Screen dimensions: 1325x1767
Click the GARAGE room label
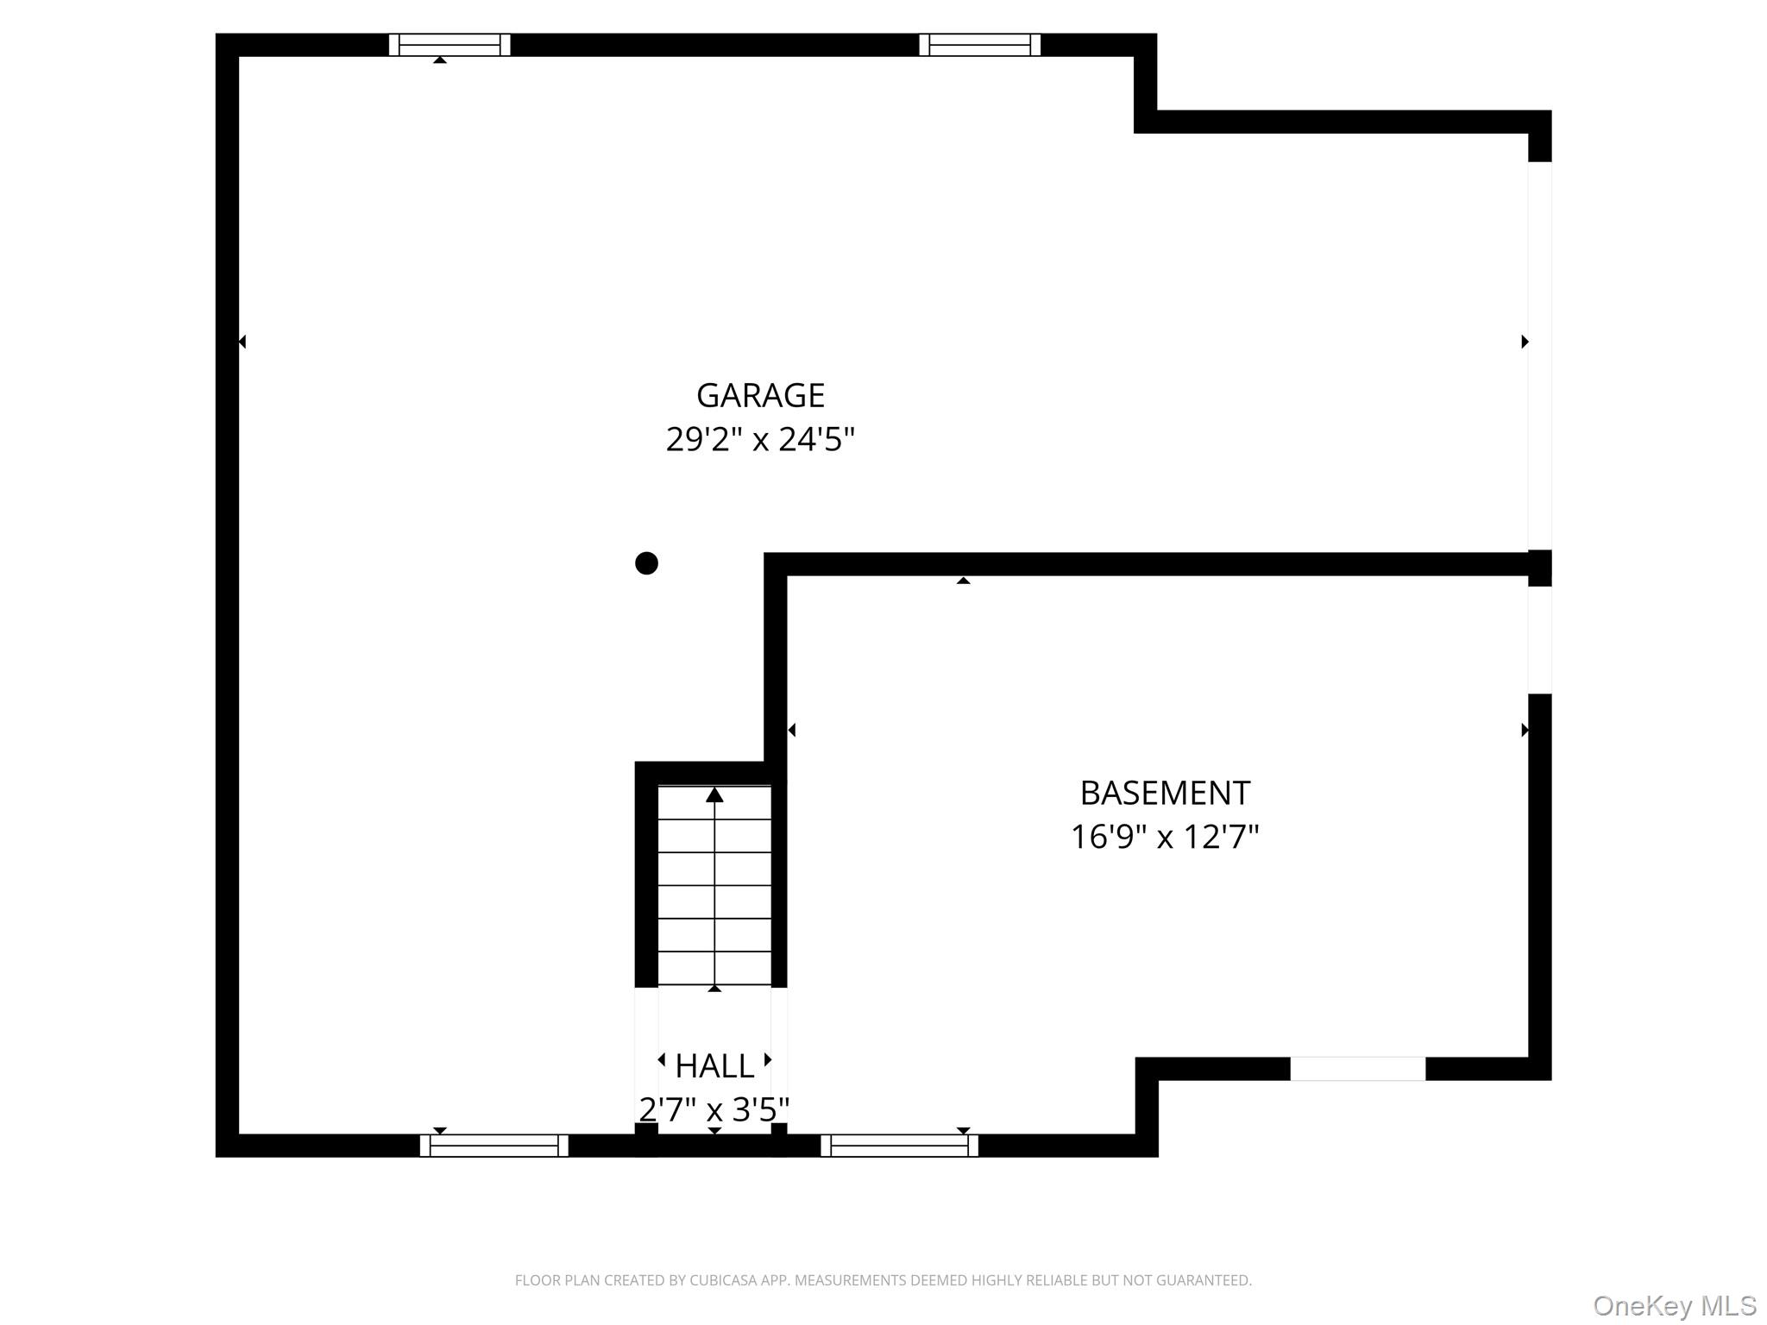[760, 396]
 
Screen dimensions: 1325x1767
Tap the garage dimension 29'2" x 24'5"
[760, 440]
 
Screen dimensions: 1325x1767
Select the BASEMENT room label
[1165, 793]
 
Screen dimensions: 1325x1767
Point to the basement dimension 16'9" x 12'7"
[1165, 837]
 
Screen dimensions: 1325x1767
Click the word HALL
[714, 1066]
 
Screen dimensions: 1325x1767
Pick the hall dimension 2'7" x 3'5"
[714, 1109]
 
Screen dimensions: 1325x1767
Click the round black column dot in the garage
[646, 563]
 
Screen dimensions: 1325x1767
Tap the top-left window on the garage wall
[450, 45]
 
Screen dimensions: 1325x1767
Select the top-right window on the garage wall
[979, 45]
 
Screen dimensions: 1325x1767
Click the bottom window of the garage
[494, 1146]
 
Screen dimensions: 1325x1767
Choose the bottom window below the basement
[899, 1146]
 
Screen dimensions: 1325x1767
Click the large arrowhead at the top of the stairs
[714, 795]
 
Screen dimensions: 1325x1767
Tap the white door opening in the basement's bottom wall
[1357, 1069]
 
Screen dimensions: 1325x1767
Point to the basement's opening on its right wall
[1539, 640]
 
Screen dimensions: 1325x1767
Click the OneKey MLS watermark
[1674, 1306]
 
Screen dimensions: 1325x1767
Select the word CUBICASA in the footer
[723, 1281]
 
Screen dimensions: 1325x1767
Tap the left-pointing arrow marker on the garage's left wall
[242, 342]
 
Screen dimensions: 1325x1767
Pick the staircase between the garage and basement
[714, 884]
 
